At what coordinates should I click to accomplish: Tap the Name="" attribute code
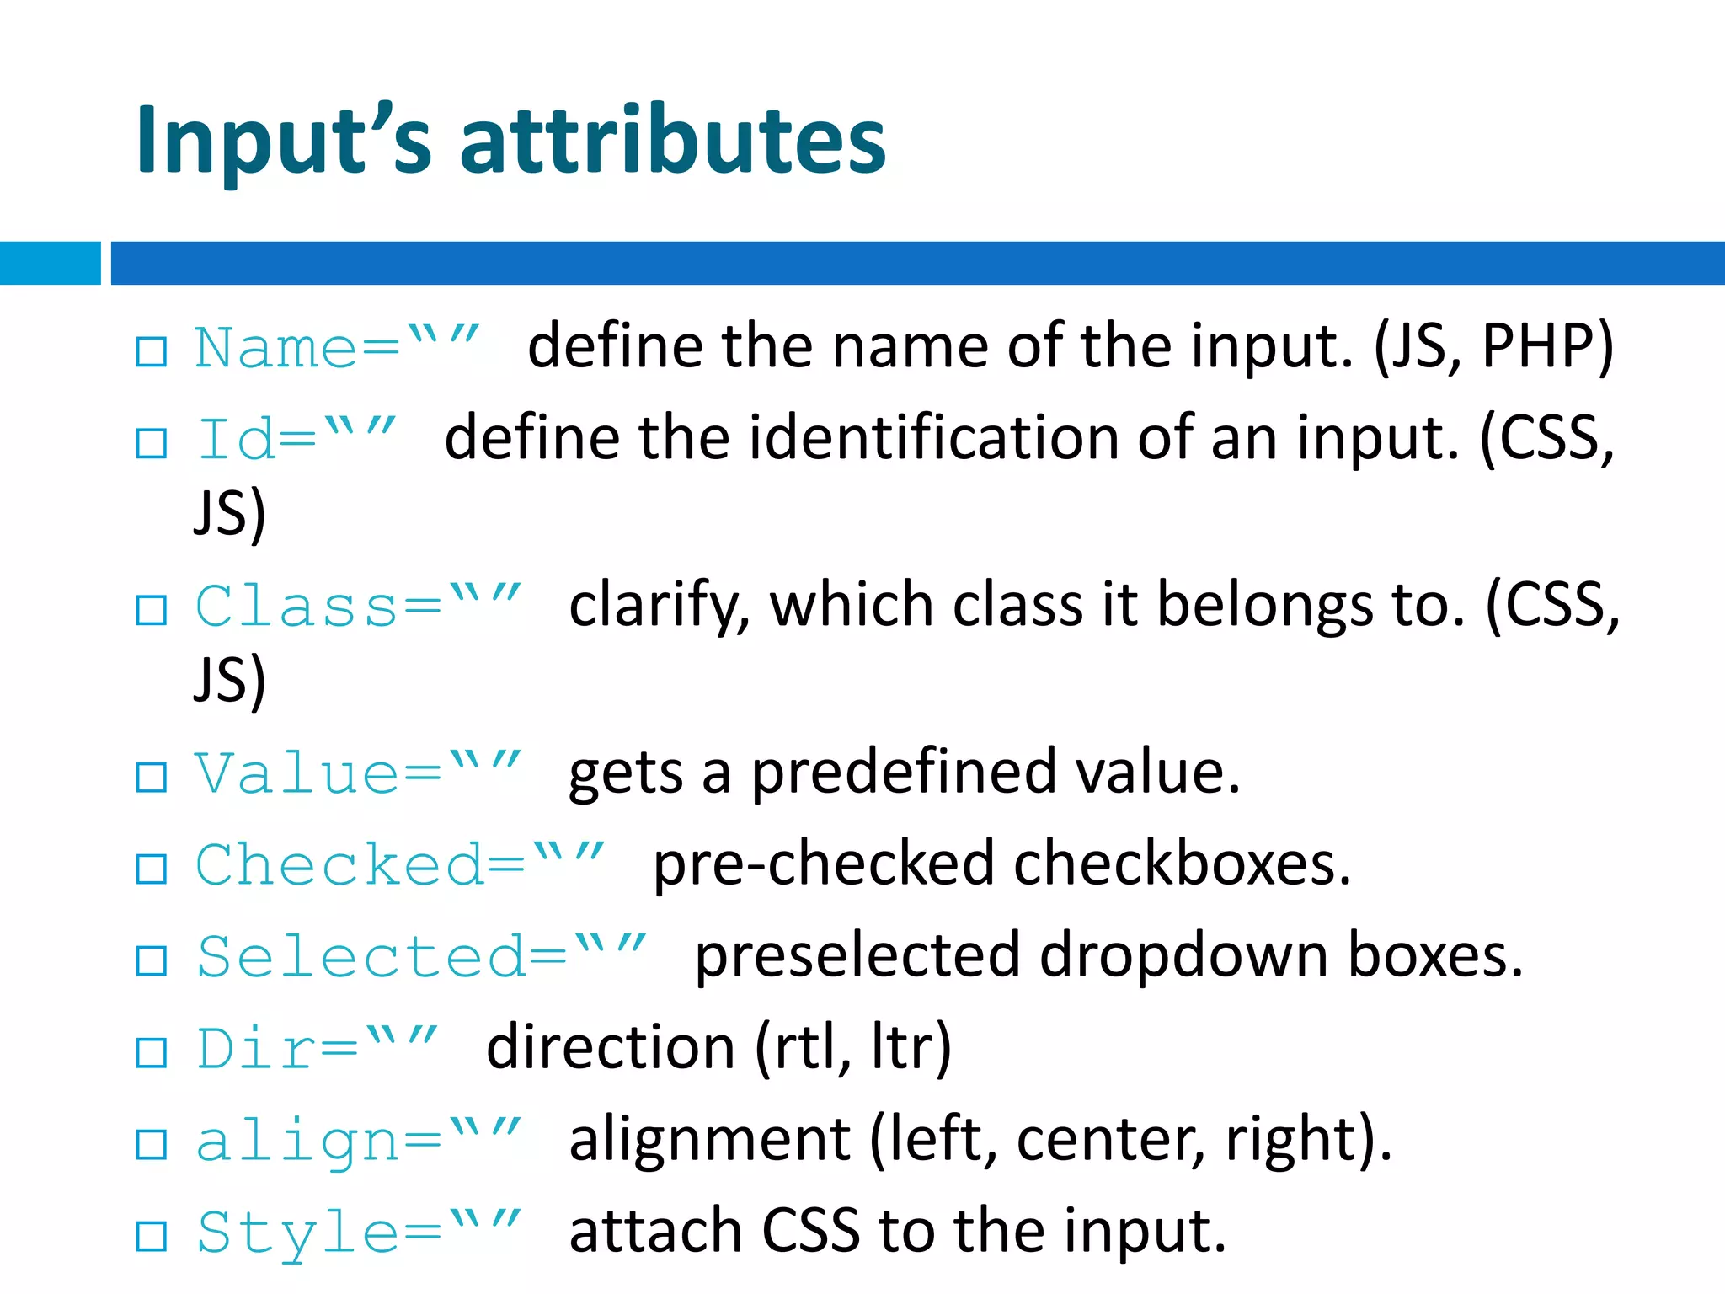[x=337, y=347]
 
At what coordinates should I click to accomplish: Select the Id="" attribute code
[x=295, y=438]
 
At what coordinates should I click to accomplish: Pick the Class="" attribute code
[x=358, y=606]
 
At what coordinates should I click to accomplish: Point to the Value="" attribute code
[x=358, y=773]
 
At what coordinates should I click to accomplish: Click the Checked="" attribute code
[x=399, y=864]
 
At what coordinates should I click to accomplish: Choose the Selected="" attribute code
[x=420, y=956]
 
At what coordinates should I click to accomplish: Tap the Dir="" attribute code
[x=317, y=1048]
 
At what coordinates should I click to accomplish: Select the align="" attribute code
[x=358, y=1141]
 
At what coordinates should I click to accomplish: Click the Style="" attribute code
[x=358, y=1232]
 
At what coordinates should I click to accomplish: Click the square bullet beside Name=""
[x=152, y=351]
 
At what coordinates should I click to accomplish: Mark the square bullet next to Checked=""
[x=152, y=869]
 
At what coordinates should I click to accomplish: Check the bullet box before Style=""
[x=152, y=1236]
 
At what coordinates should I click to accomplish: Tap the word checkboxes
[x=1183, y=864]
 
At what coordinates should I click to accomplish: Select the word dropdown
[x=1183, y=956]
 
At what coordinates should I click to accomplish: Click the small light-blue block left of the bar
[x=50, y=263]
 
